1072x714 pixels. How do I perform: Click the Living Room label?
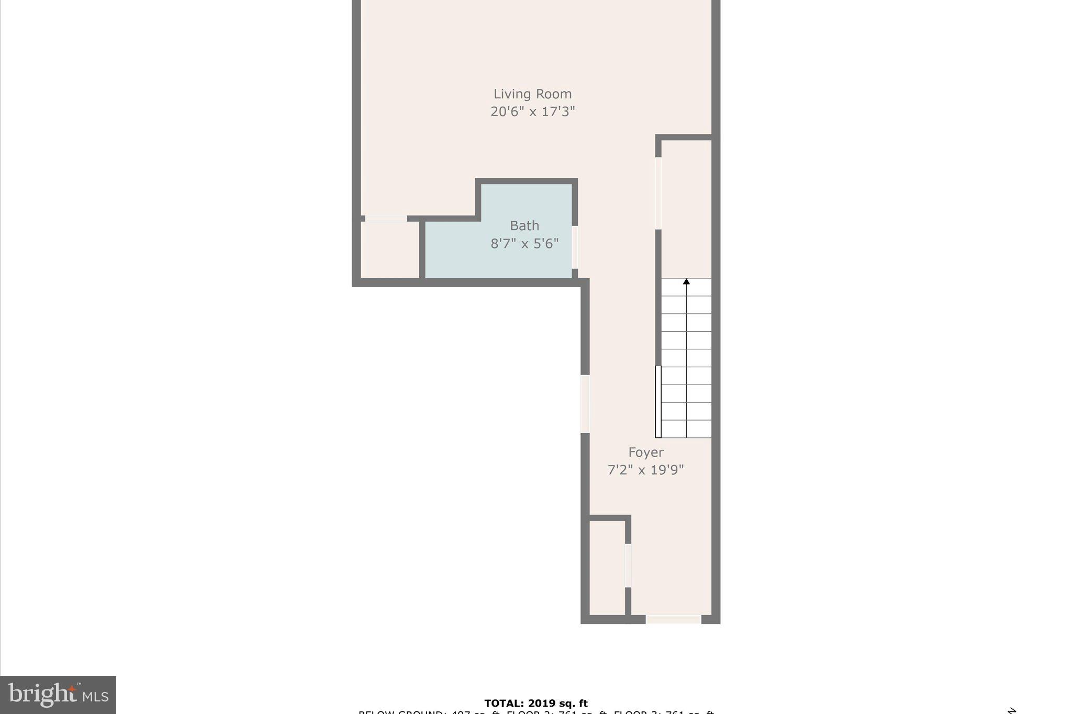(x=532, y=94)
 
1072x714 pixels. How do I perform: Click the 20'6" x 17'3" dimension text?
(x=532, y=111)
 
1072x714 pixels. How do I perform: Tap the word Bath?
(x=524, y=226)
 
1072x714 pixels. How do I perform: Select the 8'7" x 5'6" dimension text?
(x=524, y=244)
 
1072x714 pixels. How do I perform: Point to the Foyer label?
(x=645, y=452)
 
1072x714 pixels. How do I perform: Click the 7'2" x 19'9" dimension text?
(x=645, y=470)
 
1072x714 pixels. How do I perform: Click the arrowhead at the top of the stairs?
(x=686, y=282)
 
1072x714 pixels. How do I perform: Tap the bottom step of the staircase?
(x=686, y=429)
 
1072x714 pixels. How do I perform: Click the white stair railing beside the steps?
(x=658, y=402)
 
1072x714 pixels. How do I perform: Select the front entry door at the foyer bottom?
(x=673, y=619)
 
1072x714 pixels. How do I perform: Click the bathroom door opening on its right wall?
(x=575, y=247)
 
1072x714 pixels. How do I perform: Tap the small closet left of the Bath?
(x=390, y=250)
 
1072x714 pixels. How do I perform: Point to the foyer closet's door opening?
(x=628, y=565)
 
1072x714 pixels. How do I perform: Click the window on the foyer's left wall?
(x=585, y=404)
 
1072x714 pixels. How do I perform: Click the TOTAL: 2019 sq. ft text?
(x=535, y=704)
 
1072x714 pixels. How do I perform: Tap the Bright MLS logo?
(x=58, y=695)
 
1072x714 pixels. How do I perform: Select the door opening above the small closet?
(x=386, y=219)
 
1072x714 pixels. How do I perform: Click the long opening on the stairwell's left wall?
(x=658, y=194)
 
